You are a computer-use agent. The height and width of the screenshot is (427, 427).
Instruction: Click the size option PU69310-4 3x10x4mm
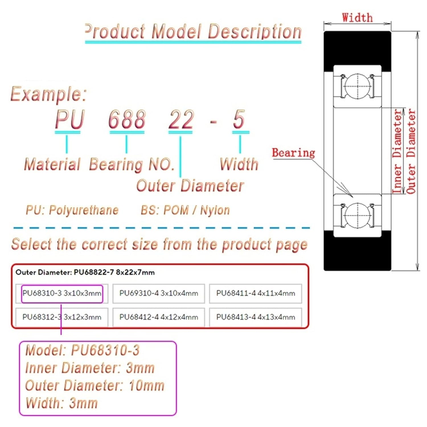(x=159, y=293)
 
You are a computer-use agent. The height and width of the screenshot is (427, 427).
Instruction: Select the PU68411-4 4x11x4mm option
(x=255, y=293)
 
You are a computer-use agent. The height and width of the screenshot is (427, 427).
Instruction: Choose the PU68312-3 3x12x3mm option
(x=62, y=317)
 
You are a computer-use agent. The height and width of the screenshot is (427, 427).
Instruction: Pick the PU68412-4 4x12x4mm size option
(x=159, y=317)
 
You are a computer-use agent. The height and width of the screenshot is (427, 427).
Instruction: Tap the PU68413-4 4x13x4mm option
(x=255, y=317)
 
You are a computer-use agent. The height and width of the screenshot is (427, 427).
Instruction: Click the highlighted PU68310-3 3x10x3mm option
(x=62, y=293)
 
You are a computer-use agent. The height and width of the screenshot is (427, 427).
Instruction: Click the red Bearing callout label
(x=293, y=153)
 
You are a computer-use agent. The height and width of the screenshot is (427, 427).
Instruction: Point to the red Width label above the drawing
(x=357, y=18)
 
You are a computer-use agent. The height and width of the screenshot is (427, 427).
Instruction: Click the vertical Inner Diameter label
(x=397, y=151)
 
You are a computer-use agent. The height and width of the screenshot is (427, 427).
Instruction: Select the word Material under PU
(x=53, y=165)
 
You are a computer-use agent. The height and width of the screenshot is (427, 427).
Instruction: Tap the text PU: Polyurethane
(x=72, y=210)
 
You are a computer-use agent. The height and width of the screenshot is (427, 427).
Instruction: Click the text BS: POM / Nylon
(x=185, y=210)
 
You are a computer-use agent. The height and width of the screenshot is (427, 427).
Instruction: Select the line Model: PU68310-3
(x=83, y=350)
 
